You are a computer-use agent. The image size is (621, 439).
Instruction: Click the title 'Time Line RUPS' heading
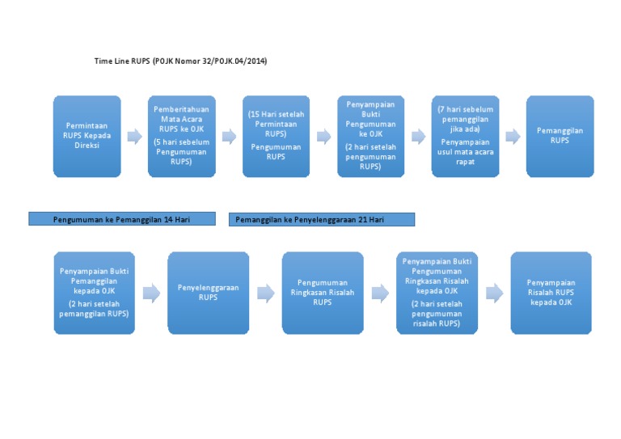pos(180,61)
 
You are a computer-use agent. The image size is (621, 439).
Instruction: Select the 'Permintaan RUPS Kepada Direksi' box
pos(87,136)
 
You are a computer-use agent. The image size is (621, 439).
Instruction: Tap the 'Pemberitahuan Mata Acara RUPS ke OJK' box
pos(181,136)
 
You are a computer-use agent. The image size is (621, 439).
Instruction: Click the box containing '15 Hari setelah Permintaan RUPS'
pos(276,136)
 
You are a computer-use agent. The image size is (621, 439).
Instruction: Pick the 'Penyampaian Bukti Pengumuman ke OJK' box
pos(370,136)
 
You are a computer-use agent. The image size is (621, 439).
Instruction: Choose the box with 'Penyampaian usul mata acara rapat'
pos(464,136)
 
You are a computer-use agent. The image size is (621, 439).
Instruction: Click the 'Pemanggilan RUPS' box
pos(560,136)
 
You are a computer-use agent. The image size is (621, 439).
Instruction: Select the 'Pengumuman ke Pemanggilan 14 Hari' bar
pos(122,219)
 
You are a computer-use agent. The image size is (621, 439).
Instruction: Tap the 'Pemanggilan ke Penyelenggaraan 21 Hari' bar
pos(322,219)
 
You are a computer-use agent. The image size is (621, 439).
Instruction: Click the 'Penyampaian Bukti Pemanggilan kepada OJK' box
pos(94,292)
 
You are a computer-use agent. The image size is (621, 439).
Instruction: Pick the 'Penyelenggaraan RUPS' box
pos(208,292)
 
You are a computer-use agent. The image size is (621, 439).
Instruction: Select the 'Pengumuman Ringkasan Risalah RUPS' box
pos(323,292)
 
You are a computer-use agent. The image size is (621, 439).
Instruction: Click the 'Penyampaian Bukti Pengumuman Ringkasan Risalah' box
pos(437,292)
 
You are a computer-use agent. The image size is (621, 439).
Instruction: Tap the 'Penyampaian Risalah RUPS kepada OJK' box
pos(551,292)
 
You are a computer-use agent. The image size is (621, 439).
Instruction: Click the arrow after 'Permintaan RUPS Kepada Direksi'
pos(134,137)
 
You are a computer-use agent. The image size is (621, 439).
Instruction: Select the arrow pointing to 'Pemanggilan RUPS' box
pos(513,137)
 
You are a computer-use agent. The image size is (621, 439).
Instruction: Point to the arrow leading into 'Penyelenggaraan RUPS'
pos(151,293)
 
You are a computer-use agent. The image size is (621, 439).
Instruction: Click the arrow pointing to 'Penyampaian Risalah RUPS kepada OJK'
pos(494,293)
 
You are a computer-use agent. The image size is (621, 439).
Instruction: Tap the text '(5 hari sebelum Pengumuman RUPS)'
pos(181,151)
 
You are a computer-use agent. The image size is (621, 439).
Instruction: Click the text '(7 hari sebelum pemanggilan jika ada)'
pos(465,119)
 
